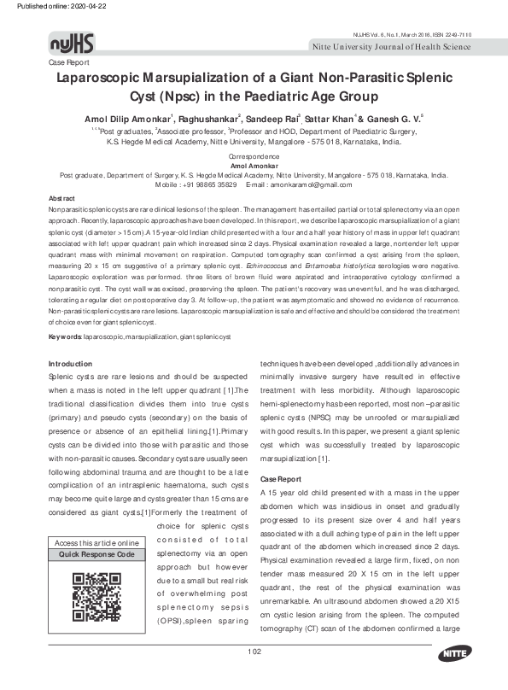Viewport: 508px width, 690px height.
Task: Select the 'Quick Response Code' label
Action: [96, 555]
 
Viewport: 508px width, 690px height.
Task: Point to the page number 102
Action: [254, 677]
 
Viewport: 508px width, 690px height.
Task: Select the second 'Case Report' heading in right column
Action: [280, 479]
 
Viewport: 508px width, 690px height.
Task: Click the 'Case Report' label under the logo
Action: [68, 63]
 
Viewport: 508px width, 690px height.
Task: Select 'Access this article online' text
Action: [96, 543]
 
